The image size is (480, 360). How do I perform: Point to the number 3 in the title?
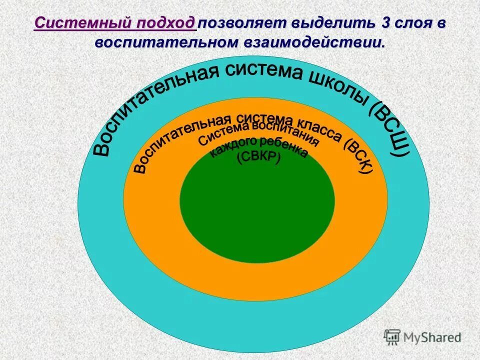click(385, 23)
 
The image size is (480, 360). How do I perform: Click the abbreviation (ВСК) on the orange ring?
click(358, 154)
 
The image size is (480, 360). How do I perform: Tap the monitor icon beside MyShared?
click(392, 337)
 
